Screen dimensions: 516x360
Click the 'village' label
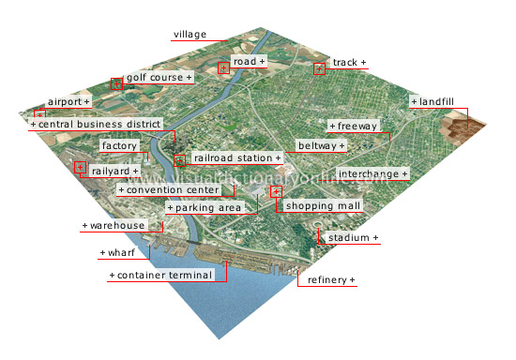[x=190, y=35]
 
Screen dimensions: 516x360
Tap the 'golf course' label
[x=158, y=76]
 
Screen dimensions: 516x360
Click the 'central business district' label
[x=97, y=124]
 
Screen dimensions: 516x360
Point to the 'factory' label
[x=120, y=146]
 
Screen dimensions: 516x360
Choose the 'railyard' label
[x=115, y=172]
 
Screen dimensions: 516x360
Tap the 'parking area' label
[x=204, y=207]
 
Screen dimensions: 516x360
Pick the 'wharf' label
[x=115, y=253]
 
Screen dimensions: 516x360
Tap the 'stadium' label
[x=353, y=238]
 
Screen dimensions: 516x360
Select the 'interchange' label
[x=372, y=174]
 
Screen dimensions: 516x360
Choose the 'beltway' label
[x=320, y=146]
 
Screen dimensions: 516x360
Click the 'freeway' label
[x=354, y=126]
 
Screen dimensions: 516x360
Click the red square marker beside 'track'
[x=319, y=68]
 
